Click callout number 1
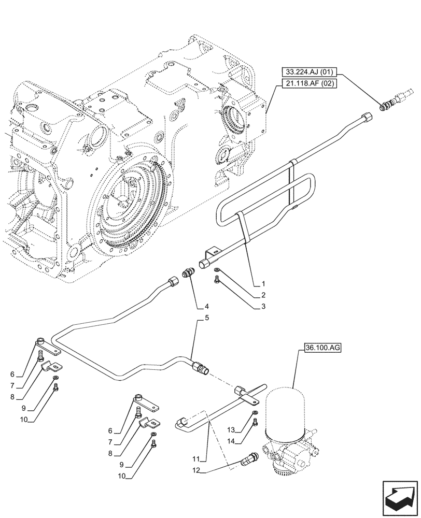(263, 284)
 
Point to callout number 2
(263, 295)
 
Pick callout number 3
(263, 307)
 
